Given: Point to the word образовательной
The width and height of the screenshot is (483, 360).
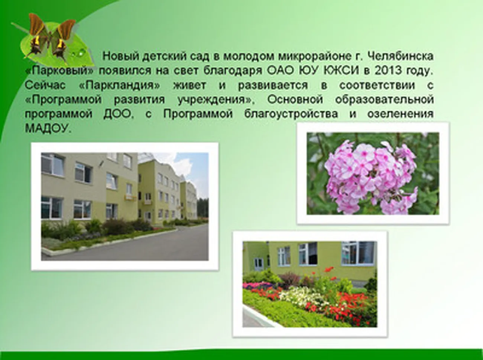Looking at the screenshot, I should pos(384,100).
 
